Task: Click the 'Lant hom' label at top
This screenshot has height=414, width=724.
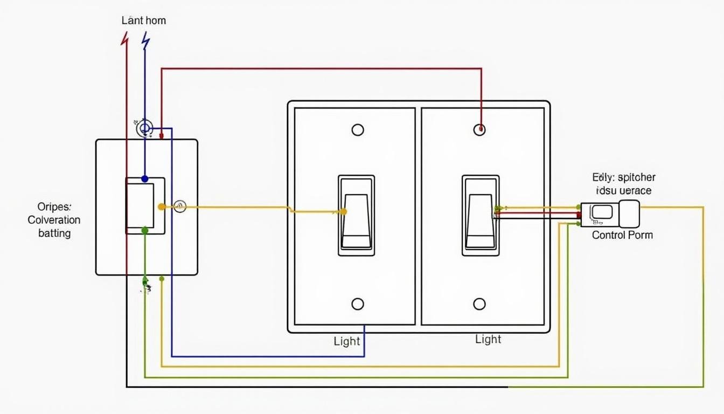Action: point(143,21)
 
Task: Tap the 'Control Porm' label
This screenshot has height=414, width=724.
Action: point(622,235)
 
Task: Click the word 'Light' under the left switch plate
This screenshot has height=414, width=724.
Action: point(347,341)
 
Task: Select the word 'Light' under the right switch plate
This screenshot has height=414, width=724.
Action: point(488,339)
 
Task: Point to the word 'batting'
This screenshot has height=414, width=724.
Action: point(54,233)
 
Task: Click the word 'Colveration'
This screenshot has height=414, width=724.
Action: point(54,220)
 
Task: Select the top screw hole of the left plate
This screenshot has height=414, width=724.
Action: point(358,130)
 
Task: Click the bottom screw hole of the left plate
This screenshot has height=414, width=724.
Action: point(358,304)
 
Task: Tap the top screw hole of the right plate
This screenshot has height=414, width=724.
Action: point(479,130)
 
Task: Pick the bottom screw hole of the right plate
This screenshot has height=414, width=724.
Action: point(479,304)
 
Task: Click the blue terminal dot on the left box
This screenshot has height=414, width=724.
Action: point(144,178)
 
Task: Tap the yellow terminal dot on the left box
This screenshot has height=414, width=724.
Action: point(161,206)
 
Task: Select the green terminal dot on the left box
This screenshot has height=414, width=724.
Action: point(144,230)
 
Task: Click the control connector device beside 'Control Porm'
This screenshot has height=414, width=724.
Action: point(610,214)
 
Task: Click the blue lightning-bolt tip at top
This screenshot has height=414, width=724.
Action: point(145,39)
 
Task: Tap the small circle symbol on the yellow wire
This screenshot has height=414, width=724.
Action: point(180,206)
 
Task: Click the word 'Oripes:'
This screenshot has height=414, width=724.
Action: point(53,206)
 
